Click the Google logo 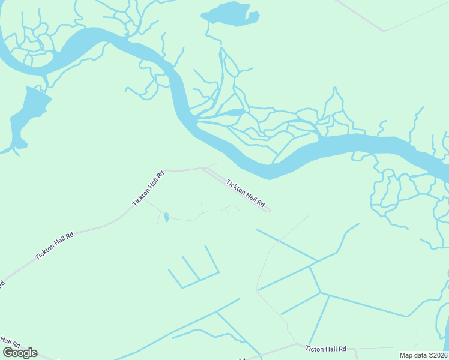[x=20, y=353]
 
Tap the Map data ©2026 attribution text [x=423, y=355]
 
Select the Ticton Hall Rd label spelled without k [x=326, y=349]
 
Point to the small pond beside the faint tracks [x=166, y=217]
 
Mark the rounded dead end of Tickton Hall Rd [x=267, y=210]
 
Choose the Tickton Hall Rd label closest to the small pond [x=148, y=188]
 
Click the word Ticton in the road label [x=315, y=349]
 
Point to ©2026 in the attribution [x=436, y=355]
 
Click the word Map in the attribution [x=406, y=355]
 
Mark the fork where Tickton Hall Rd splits [x=203, y=169]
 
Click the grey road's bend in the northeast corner [x=384, y=30]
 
